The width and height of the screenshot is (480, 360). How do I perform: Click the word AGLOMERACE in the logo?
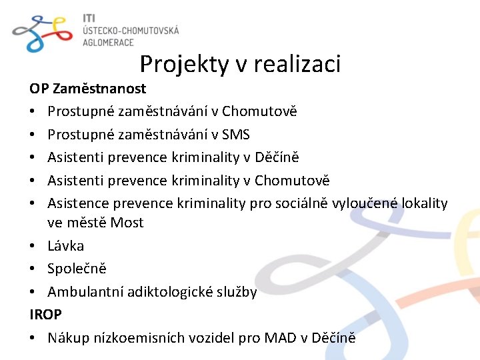(x=108, y=42)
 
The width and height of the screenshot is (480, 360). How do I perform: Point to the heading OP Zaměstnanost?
(x=87, y=88)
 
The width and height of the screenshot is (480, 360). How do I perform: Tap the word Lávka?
(x=65, y=246)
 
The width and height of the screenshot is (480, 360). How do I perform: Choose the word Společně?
(x=77, y=269)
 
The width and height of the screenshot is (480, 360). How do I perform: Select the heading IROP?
(x=45, y=315)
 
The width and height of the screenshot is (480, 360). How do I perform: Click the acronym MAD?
(x=279, y=338)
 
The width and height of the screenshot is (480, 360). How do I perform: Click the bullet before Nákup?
(x=33, y=338)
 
